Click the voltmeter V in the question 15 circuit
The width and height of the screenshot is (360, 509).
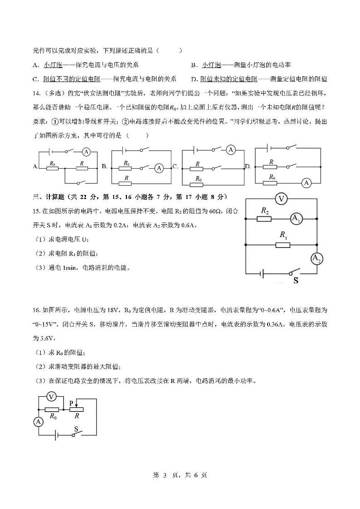tap(282, 199)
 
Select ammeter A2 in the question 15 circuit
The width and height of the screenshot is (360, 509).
tap(316, 259)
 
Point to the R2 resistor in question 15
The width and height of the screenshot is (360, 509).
tap(264, 219)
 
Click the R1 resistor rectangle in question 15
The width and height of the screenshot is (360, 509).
tap(282, 245)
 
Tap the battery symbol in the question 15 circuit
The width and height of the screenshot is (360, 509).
tap(262, 273)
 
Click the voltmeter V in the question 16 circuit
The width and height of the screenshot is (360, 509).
tap(52, 397)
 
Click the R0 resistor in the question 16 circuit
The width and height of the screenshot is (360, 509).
tap(53, 409)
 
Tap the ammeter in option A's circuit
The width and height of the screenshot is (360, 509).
tap(87, 152)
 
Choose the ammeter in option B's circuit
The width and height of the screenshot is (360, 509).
tap(159, 168)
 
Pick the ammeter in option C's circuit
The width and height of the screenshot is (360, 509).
tap(231, 149)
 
